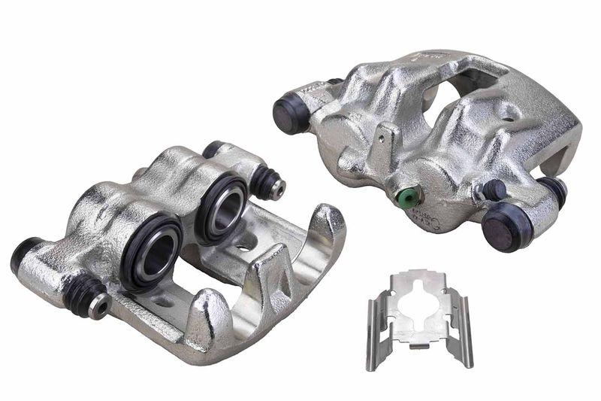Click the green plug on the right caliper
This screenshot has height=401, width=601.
click(x=406, y=196)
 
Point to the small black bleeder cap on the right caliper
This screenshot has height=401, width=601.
click(x=494, y=190)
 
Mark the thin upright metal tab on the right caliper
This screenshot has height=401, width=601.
click(x=385, y=142)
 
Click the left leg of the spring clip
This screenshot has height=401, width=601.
click(x=371, y=334)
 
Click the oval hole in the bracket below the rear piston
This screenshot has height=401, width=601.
click(x=243, y=245)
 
